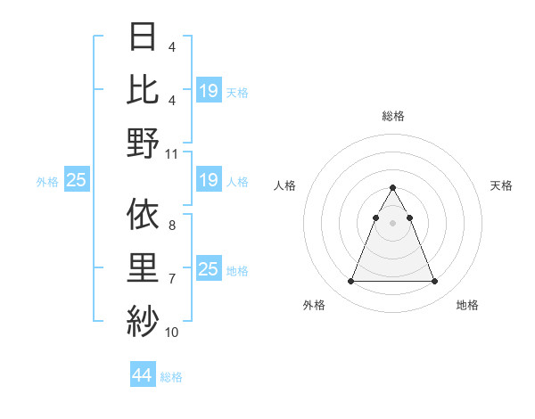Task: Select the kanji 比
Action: (x=143, y=88)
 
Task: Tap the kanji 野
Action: (x=143, y=143)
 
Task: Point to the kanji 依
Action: (x=143, y=213)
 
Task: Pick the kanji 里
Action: (x=143, y=268)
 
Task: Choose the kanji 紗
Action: (x=143, y=320)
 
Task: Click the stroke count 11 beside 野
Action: (x=172, y=153)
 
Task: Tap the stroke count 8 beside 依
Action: (x=172, y=226)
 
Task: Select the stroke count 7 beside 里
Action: (x=172, y=279)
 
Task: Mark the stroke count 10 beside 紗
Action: (x=172, y=333)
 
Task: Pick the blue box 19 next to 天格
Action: (x=209, y=91)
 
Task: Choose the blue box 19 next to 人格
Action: (x=209, y=181)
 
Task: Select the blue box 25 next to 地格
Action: (x=209, y=269)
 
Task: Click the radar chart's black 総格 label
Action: (x=393, y=117)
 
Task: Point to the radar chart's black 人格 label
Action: (x=285, y=185)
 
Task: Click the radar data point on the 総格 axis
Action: (x=393, y=188)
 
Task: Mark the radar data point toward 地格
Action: (x=435, y=282)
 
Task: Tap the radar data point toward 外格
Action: (x=350, y=282)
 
